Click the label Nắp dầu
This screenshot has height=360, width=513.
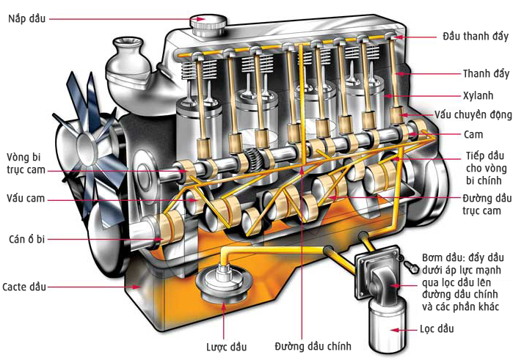(27, 18)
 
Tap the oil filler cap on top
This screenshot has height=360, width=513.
(208, 25)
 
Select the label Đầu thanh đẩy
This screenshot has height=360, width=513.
(476, 36)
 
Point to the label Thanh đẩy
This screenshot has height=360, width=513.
(486, 73)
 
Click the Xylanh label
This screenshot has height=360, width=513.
(478, 95)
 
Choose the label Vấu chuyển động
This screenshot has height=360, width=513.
(473, 115)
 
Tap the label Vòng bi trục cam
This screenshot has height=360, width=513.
(25, 164)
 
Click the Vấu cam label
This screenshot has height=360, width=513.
(26, 198)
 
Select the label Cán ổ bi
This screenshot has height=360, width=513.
(26, 239)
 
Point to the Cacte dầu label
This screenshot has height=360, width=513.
(24, 287)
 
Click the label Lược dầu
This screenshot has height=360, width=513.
(226, 347)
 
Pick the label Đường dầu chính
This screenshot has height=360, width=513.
(313, 346)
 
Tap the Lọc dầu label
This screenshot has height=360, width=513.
(437, 328)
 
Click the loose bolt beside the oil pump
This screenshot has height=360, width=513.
(410, 266)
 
